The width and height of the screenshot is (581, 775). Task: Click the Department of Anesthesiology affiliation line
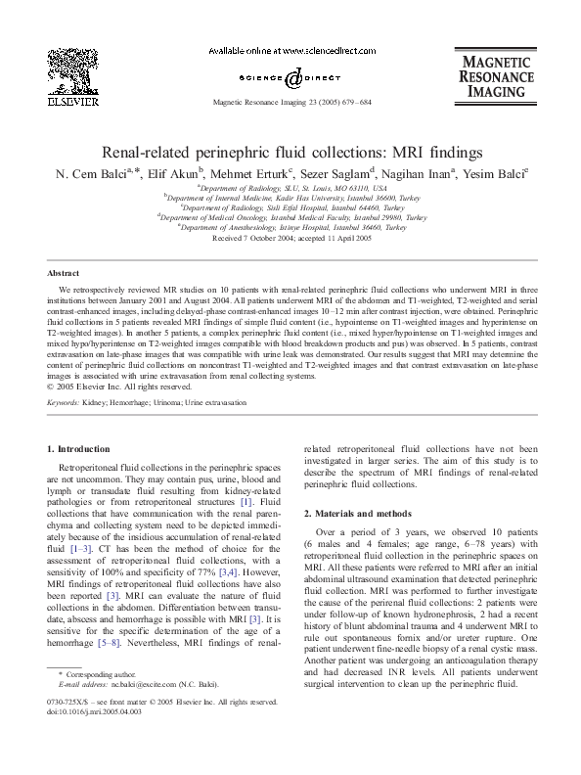point(291,227)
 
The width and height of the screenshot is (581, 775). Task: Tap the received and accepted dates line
point(291,238)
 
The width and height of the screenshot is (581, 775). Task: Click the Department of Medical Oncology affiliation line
point(291,217)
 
